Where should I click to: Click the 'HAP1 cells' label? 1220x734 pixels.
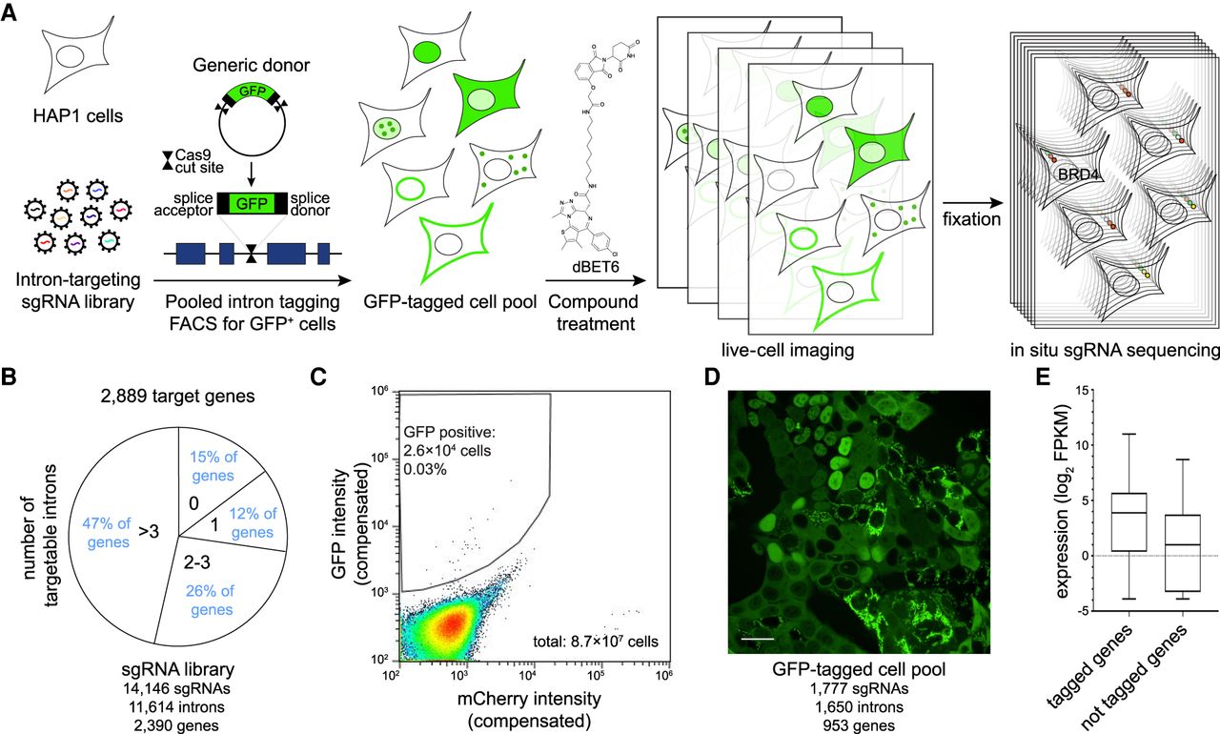point(78,116)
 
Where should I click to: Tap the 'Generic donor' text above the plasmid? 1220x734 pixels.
point(251,66)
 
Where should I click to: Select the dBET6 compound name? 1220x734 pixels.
point(596,268)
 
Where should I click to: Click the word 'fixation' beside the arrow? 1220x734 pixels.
point(971,219)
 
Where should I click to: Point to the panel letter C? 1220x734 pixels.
point(318,377)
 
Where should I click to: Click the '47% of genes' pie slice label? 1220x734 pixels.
point(108,533)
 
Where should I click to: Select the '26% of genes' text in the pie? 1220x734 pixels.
point(211,600)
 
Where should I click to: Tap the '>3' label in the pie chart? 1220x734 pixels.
point(148,531)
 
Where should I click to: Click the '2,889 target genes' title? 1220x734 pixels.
point(177,396)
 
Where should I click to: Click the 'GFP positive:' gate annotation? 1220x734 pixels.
point(449,433)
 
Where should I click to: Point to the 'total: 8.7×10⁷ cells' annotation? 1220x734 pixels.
point(596,642)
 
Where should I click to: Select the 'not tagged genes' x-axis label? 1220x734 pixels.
point(1134,677)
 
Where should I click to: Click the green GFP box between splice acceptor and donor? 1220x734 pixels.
point(252,204)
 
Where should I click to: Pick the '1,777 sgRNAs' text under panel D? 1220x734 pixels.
point(860,689)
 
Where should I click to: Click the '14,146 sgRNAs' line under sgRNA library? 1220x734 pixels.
point(176,689)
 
